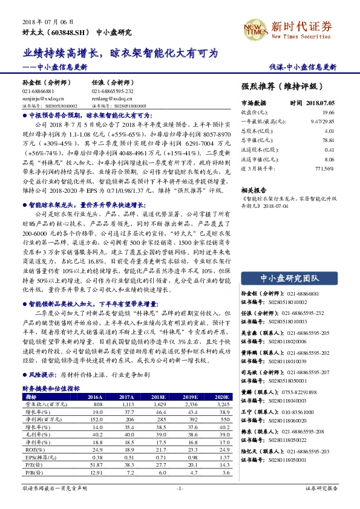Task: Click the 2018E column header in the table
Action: [159, 397]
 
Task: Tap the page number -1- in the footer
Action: [180, 487]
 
